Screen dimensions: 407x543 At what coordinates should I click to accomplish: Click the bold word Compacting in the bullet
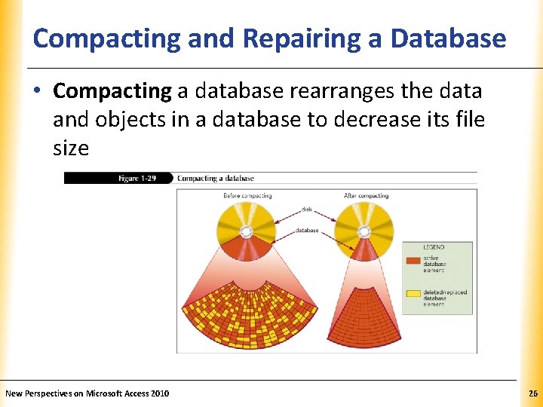pyautogui.click(x=112, y=92)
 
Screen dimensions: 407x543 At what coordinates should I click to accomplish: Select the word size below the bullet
pyautogui.click(x=71, y=148)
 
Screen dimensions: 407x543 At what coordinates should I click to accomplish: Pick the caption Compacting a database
pyautogui.click(x=216, y=179)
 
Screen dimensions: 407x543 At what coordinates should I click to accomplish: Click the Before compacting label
pyautogui.click(x=247, y=196)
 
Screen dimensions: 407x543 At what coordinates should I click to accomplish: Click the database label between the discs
pyautogui.click(x=306, y=230)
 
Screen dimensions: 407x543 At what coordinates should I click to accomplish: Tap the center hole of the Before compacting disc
pyautogui.click(x=246, y=231)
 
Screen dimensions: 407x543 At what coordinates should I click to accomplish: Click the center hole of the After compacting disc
pyautogui.click(x=364, y=231)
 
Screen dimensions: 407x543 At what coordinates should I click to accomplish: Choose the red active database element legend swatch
pyautogui.click(x=413, y=261)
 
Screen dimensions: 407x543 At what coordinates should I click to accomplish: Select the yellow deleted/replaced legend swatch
pyautogui.click(x=413, y=294)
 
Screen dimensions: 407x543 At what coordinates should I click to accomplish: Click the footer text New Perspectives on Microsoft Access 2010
pyautogui.click(x=87, y=393)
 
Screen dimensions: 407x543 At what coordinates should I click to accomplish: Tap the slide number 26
pyautogui.click(x=533, y=393)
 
